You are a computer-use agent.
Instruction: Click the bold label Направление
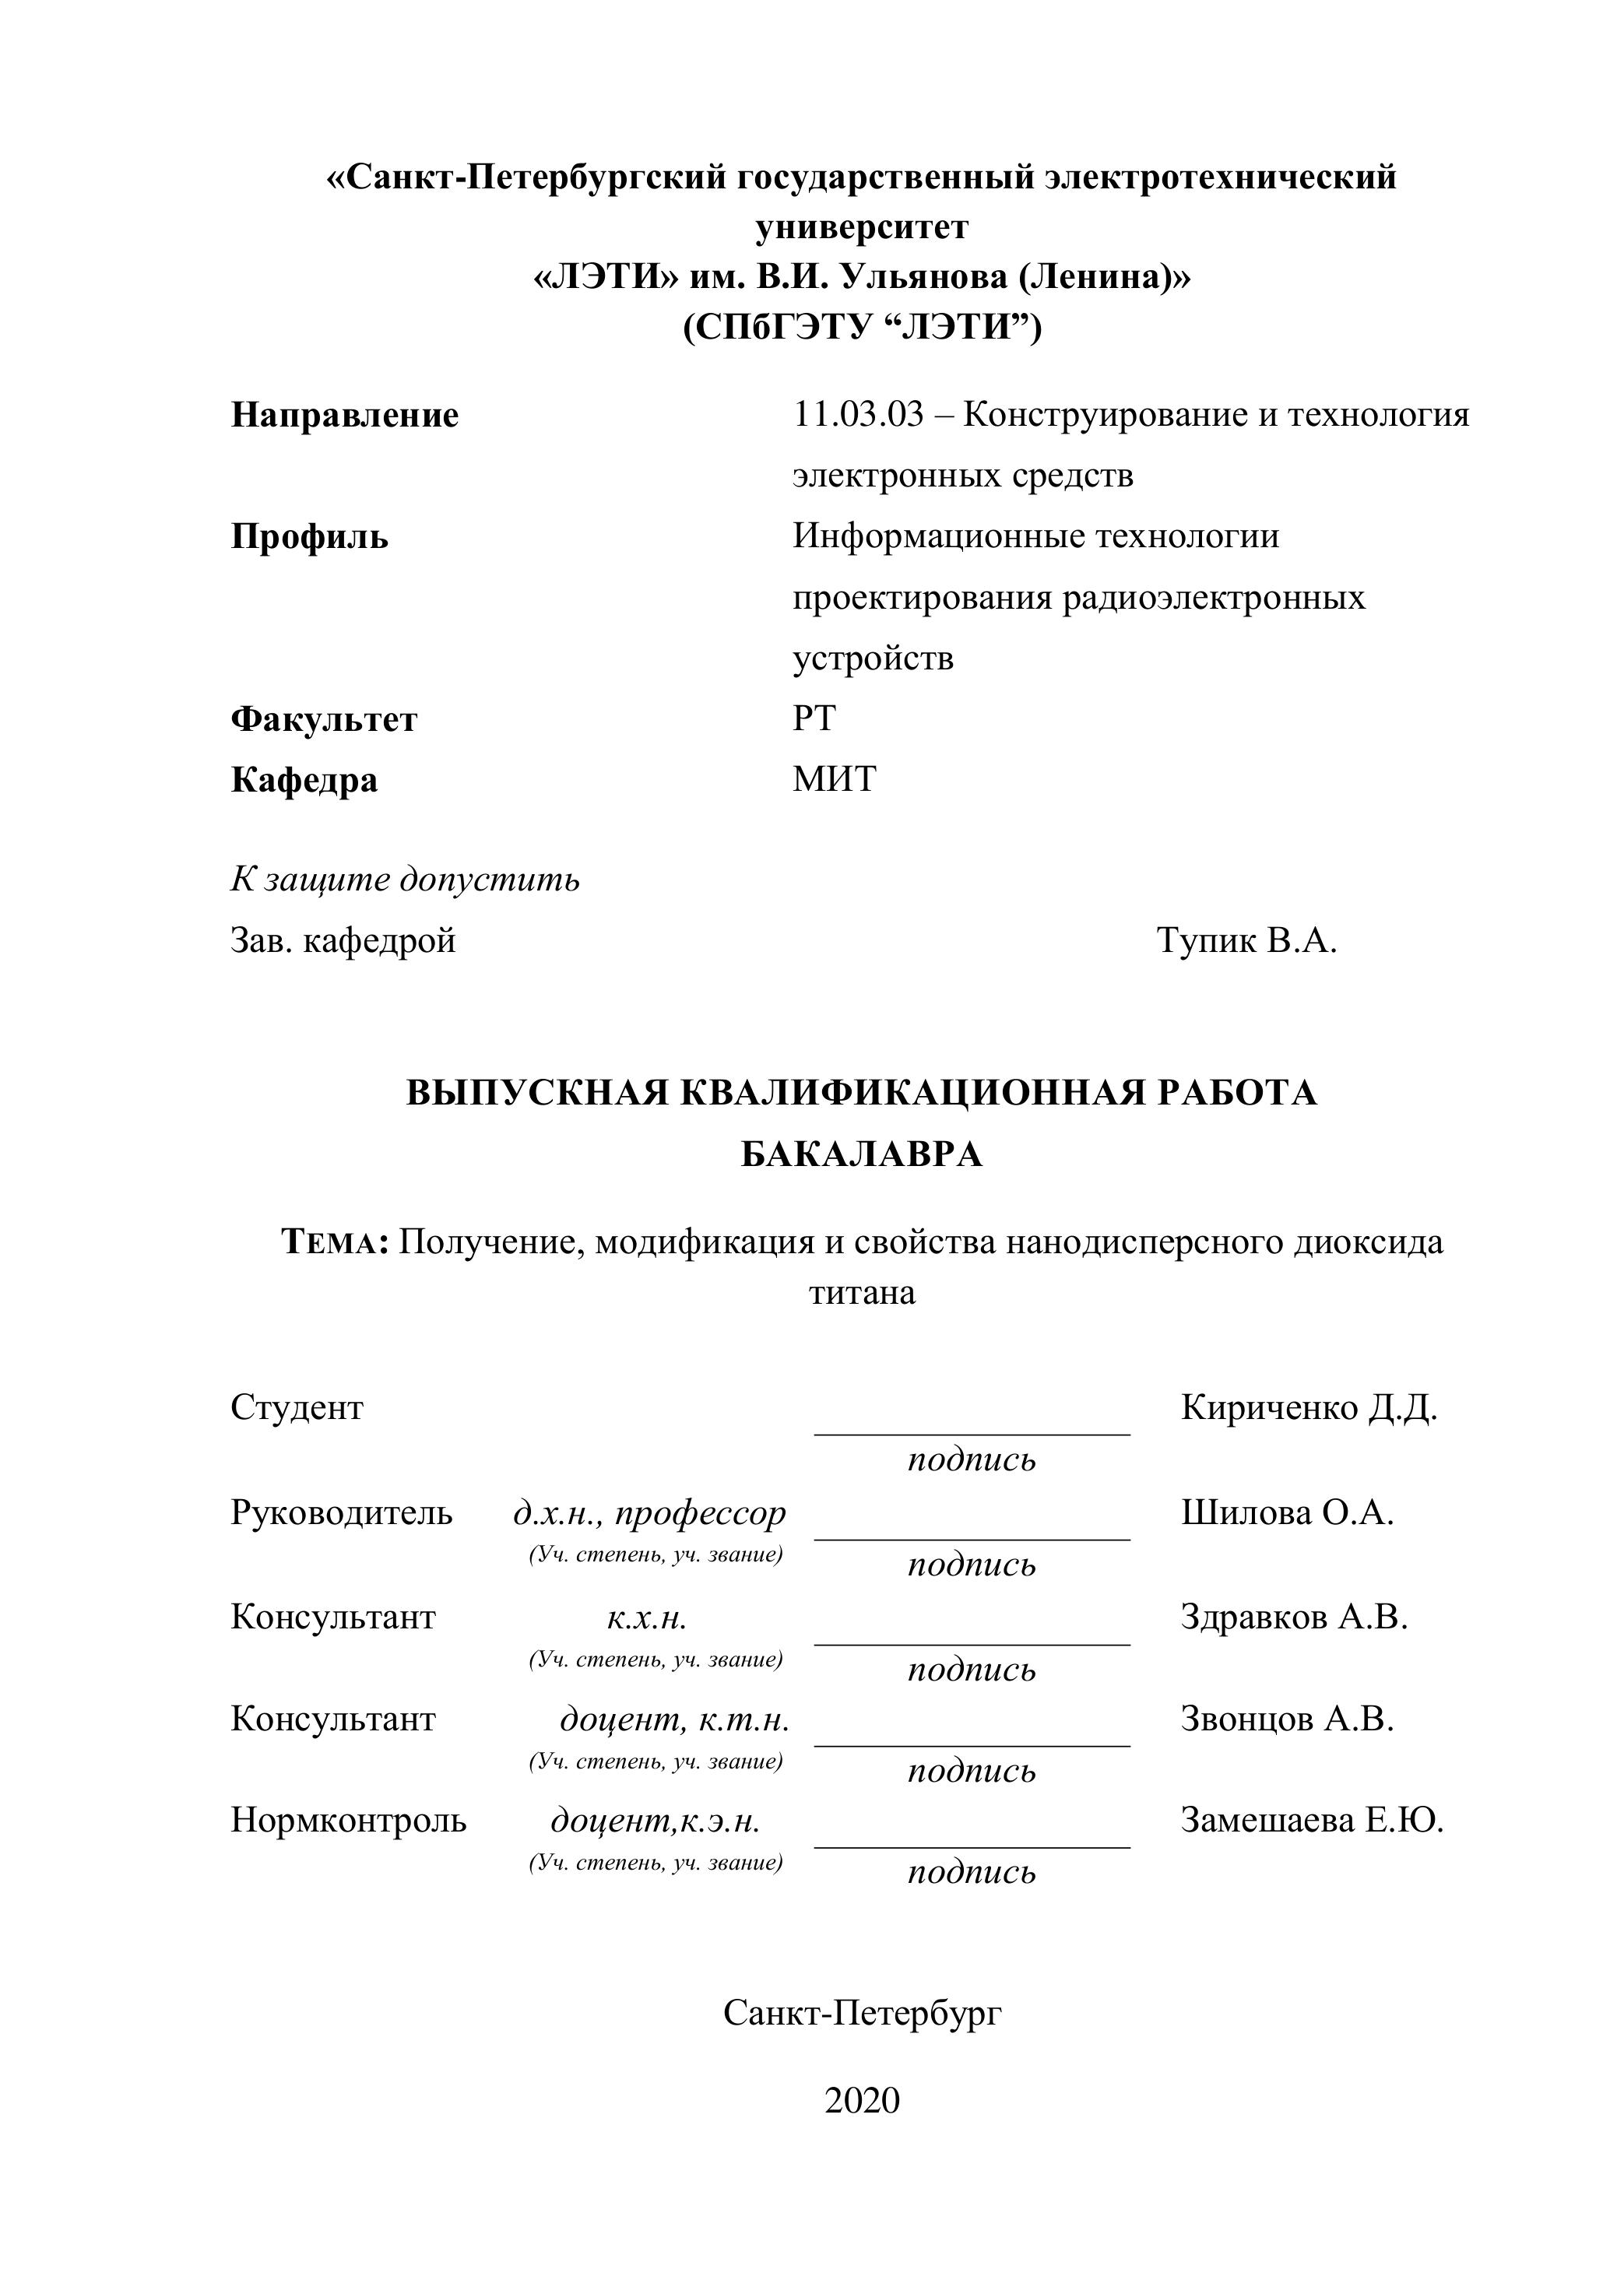[345, 416]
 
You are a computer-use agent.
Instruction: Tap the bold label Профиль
[309, 537]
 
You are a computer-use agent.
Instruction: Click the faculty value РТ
[814, 718]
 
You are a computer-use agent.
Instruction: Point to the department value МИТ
[834, 780]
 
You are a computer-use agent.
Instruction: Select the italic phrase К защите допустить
[405, 880]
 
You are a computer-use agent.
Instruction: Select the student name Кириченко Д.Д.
[1309, 1407]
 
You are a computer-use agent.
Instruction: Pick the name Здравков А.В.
[1294, 1617]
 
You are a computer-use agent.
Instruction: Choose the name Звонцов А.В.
[1287, 1719]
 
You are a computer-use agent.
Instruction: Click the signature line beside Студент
[972, 1432]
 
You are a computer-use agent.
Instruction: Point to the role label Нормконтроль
[348, 1820]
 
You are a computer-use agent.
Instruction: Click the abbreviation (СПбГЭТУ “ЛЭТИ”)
[862, 326]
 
